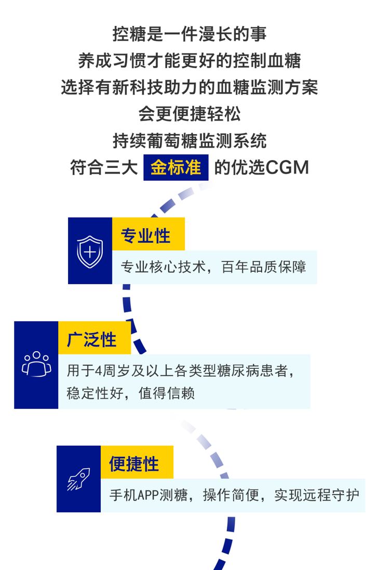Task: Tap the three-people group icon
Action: point(36,364)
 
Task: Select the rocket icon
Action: point(79,479)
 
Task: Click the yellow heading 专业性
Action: point(145,235)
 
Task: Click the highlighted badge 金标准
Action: point(176,168)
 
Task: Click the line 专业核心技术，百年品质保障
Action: point(213,267)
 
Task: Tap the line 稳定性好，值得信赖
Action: point(130,393)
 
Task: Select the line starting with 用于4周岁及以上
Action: point(181,371)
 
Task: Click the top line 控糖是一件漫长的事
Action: point(189,34)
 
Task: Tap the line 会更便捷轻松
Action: point(189,113)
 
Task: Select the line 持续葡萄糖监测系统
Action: point(189,140)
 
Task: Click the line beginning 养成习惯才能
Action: point(189,61)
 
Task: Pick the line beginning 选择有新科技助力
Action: point(189,87)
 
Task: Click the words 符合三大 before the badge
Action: point(104,168)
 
